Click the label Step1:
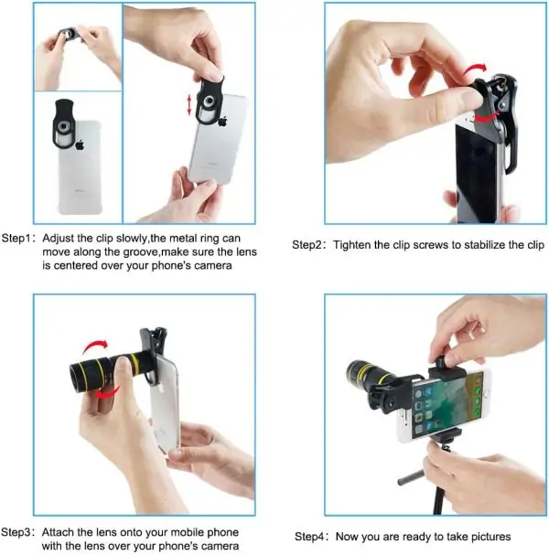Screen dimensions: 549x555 pos(18,239)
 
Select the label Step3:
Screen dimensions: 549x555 pos(18,532)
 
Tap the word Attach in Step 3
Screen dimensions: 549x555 pos(58,532)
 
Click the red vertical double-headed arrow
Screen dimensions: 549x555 pos(189,105)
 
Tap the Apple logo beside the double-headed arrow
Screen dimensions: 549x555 pos(222,122)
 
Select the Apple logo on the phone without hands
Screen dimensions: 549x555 pos(80,144)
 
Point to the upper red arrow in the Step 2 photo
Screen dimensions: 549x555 pos(475,69)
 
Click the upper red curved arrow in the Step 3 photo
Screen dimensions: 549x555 pos(95,347)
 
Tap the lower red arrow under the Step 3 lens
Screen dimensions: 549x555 pos(107,393)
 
